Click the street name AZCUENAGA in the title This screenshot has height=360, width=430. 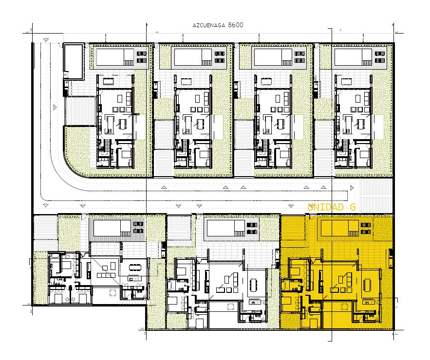coord(209,25)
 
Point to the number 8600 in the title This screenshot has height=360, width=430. coord(235,25)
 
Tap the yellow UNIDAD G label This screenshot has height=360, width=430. coord(331,207)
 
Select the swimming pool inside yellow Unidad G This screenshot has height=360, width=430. coord(340,228)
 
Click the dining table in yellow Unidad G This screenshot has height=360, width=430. coord(367,285)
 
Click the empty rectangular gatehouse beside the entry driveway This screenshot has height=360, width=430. coord(73,61)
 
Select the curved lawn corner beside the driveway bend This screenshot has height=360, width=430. coord(77,153)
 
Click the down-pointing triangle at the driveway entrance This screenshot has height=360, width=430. coord(45,40)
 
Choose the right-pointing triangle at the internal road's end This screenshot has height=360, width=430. coord(352,188)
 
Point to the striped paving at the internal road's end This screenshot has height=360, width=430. coord(375,196)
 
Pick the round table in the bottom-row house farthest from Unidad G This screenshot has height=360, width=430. coord(112,293)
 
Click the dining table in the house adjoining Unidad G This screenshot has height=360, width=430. coord(253,285)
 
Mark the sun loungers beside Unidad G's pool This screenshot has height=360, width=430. coord(366,229)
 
